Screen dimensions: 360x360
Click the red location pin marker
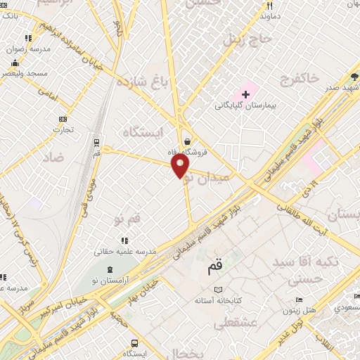pyautogui.click(x=181, y=166)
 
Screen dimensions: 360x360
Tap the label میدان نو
pyautogui.click(x=206, y=178)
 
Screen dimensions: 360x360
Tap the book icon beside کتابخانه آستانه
pyautogui.click(x=218, y=290)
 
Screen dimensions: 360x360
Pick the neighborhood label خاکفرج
pyautogui.click(x=299, y=76)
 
